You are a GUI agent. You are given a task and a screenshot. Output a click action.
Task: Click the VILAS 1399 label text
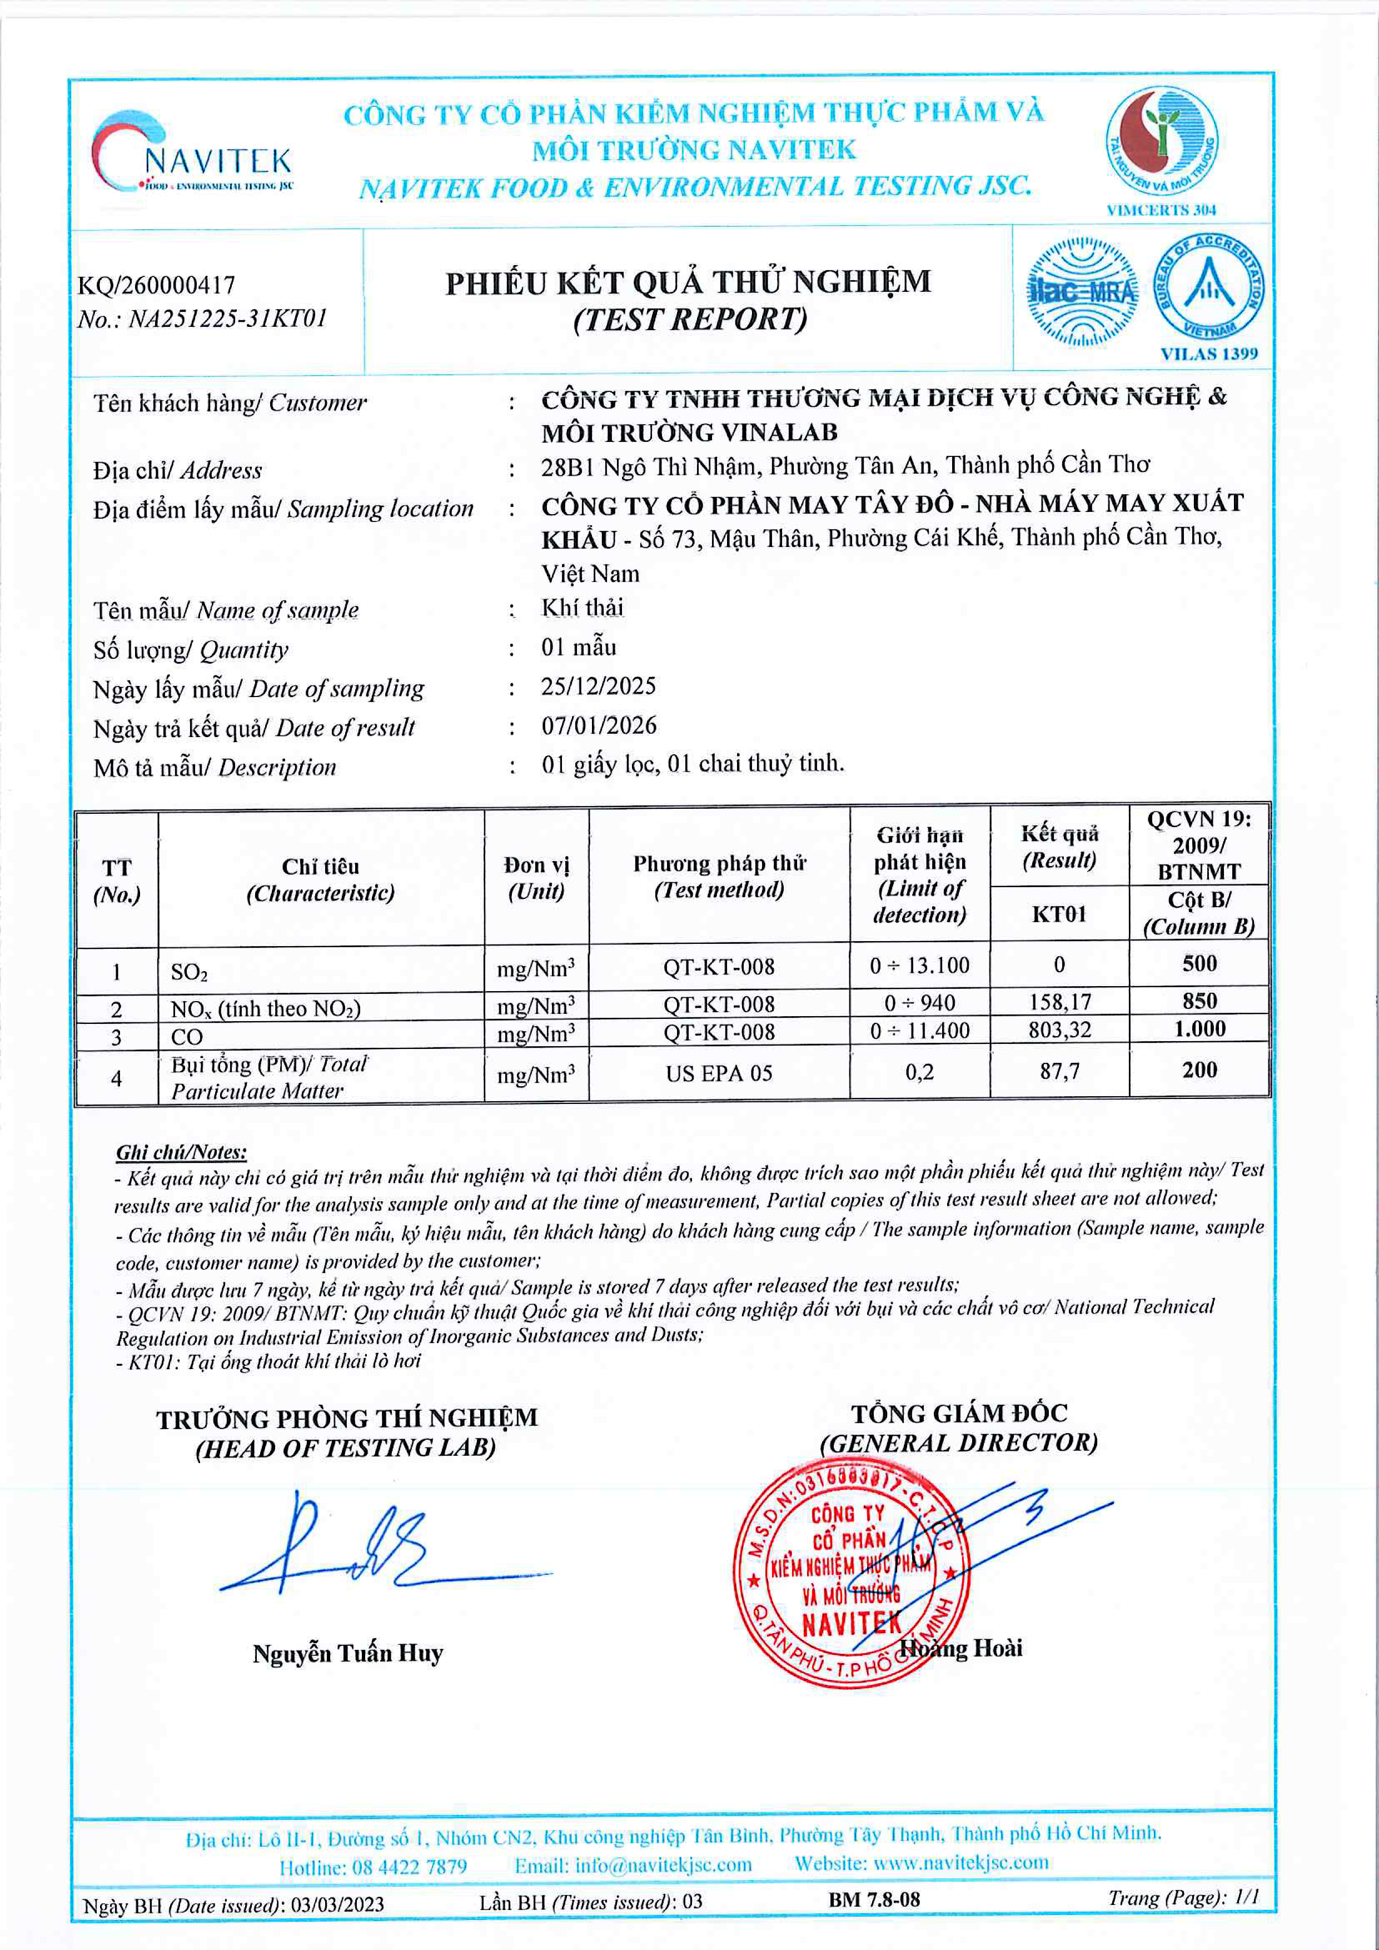point(1208,354)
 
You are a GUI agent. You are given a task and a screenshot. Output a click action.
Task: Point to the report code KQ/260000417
point(156,285)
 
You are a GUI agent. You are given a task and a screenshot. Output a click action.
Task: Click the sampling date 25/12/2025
point(599,687)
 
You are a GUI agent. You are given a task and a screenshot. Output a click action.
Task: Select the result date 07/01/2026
point(599,725)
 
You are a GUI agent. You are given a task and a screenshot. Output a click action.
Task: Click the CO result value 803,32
point(1059,1030)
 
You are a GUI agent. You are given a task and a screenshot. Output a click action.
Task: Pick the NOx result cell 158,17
point(1059,1002)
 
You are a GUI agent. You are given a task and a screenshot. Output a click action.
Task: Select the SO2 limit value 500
point(1199,964)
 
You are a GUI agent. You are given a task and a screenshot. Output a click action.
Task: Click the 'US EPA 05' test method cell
point(718,1073)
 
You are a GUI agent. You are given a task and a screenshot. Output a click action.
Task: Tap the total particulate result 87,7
point(1059,1072)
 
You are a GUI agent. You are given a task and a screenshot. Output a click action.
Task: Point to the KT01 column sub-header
point(1059,914)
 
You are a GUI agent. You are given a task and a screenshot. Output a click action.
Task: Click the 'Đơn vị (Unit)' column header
point(536,878)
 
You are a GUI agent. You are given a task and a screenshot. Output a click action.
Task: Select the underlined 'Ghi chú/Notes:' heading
point(181,1152)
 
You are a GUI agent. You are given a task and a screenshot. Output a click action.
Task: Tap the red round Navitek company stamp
point(850,1571)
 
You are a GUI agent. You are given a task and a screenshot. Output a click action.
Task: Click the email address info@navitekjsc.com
point(633,1864)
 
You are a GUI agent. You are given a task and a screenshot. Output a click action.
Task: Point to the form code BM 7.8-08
point(874,1900)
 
